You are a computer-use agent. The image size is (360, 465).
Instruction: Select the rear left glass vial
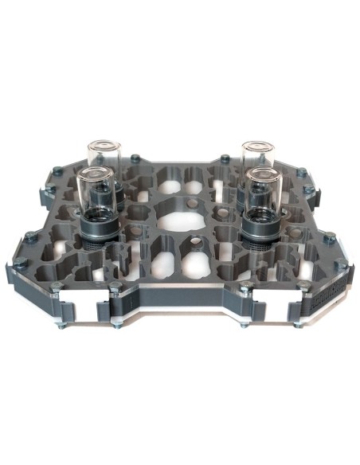(x=104, y=159)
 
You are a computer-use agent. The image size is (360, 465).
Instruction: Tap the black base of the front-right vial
(x=260, y=226)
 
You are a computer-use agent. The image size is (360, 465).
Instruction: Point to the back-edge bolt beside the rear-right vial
(x=225, y=158)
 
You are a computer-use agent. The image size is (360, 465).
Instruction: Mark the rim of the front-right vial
(x=261, y=172)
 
